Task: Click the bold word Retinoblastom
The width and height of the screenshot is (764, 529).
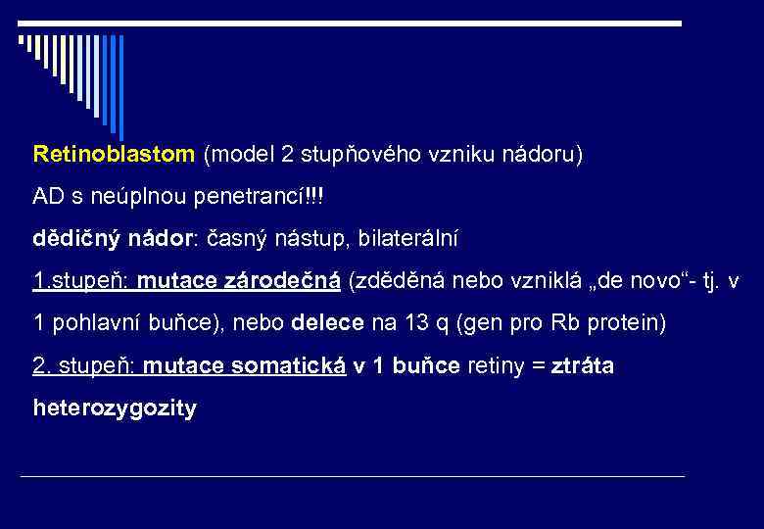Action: [x=114, y=154]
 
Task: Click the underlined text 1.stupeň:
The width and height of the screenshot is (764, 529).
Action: [x=81, y=281]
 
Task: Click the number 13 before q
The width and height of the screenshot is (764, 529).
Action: [x=413, y=323]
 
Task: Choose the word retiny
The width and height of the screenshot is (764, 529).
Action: [x=499, y=365]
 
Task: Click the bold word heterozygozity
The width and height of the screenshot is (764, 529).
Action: [x=115, y=408]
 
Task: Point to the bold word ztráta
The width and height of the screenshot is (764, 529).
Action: [x=583, y=365]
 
